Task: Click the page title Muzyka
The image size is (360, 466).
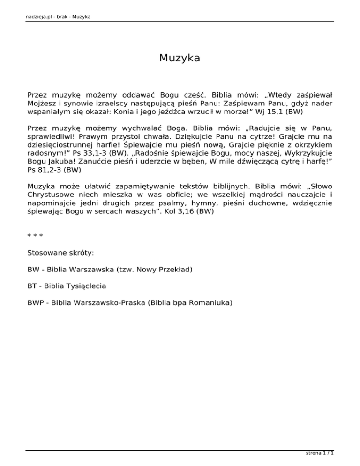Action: [180, 58]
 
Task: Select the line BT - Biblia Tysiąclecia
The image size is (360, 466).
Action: [67, 286]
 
